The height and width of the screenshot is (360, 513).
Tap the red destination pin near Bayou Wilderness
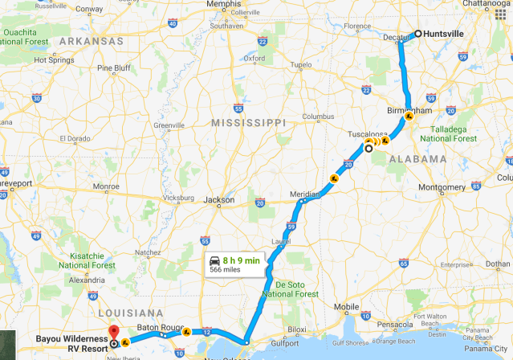[x=113, y=331]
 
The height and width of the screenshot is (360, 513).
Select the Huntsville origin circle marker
[x=417, y=34]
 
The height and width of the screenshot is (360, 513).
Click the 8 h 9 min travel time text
[x=241, y=260]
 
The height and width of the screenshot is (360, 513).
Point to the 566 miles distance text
[x=227, y=270]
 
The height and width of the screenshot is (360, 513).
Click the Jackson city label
[x=219, y=199]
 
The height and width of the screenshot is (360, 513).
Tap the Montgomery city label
[x=442, y=187]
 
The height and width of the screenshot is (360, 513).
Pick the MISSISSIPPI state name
[x=248, y=123]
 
